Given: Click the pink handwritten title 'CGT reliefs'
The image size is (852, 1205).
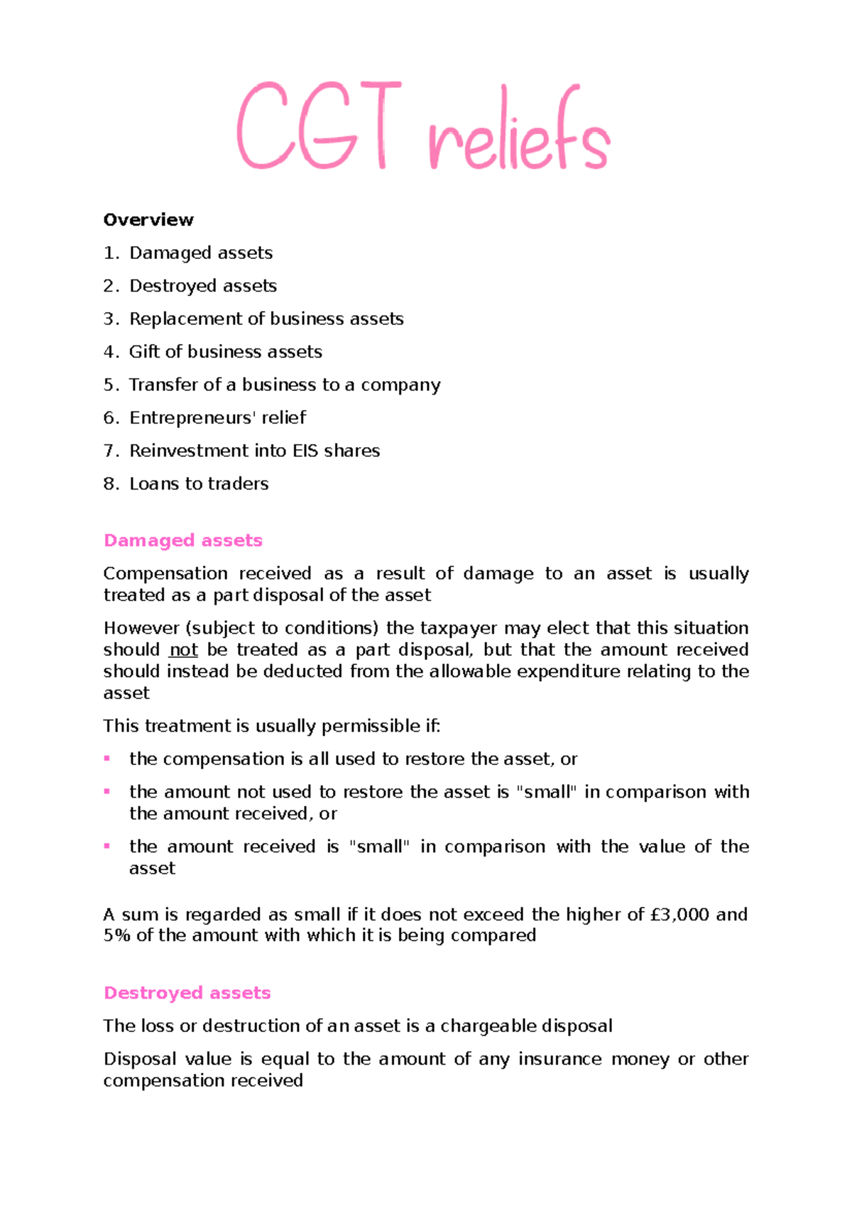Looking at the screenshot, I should pyautogui.click(x=423, y=126).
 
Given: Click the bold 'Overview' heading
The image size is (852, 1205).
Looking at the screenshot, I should pyautogui.click(x=148, y=220).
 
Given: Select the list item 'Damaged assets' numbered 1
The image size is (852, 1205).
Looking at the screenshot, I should pyautogui.click(x=201, y=253).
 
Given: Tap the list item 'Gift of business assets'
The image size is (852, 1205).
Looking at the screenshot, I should pyautogui.click(x=225, y=352).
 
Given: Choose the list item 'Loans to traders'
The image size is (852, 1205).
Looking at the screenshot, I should pyautogui.click(x=199, y=484).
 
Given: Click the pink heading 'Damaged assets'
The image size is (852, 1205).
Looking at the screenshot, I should pyautogui.click(x=183, y=541).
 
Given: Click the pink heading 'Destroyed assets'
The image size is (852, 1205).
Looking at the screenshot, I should pyautogui.click(x=187, y=993).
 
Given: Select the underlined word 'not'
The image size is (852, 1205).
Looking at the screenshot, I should pyautogui.click(x=183, y=650).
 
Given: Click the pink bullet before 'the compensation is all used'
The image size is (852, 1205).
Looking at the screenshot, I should pyautogui.click(x=107, y=759).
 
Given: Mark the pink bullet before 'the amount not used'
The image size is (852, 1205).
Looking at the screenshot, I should pyautogui.click(x=107, y=791).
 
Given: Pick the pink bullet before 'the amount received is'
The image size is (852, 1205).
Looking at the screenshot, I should pyautogui.click(x=107, y=846).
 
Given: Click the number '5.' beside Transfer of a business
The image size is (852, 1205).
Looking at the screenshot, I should pyautogui.click(x=111, y=385).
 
